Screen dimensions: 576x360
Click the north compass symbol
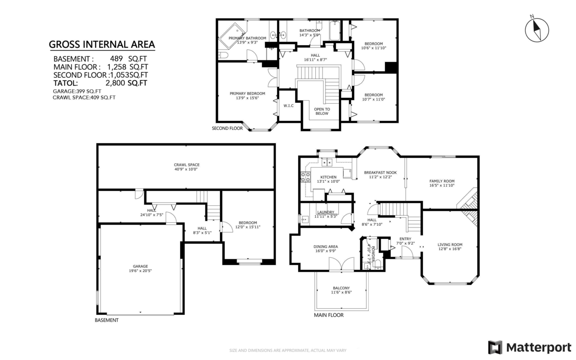[537, 30]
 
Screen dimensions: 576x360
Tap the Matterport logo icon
[495, 347]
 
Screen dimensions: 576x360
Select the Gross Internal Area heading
[102, 45]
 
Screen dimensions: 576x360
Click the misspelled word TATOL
[66, 83]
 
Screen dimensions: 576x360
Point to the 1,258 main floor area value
[117, 67]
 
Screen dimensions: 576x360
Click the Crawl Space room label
[186, 165]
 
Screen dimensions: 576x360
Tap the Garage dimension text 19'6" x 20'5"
[140, 271]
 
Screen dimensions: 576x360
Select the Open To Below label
[322, 111]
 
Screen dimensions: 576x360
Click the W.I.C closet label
[288, 106]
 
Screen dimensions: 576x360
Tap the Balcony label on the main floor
[341, 288]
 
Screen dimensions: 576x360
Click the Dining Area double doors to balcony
[341, 264]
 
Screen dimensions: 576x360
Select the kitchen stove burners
[305, 177]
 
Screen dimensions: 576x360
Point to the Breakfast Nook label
[380, 172]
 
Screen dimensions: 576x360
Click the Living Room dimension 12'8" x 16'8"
[450, 249]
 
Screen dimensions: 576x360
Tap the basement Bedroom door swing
[227, 227]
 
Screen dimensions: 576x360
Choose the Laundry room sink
[305, 219]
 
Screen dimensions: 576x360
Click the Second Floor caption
[228, 128]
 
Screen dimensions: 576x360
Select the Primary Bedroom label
[247, 94]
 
